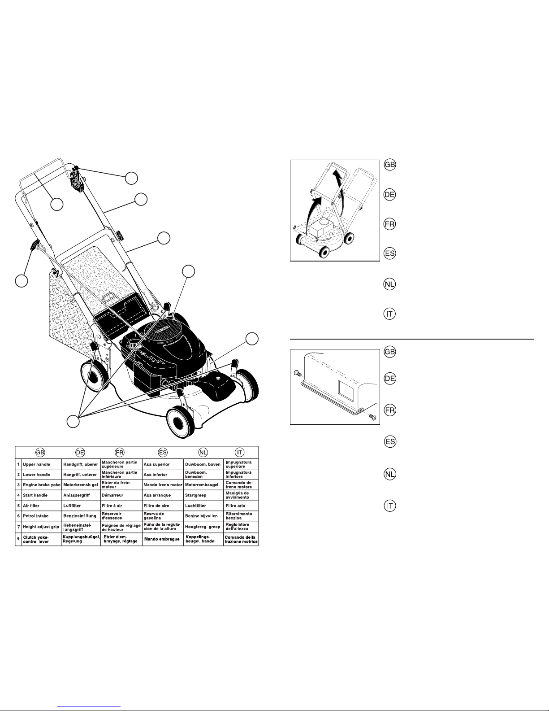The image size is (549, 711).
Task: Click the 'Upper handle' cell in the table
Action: (36, 464)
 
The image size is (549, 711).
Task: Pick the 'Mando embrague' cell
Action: (162, 539)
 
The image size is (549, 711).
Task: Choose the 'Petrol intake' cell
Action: (36, 516)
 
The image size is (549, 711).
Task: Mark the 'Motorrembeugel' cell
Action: (202, 485)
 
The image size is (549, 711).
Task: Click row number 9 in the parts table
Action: (18, 539)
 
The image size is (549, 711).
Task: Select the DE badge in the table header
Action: (81, 452)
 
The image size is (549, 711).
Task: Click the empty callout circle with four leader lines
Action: (73, 421)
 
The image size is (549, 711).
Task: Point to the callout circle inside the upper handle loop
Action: (56, 205)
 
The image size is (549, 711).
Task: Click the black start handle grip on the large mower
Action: (34, 245)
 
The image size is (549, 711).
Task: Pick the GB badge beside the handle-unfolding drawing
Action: (390, 165)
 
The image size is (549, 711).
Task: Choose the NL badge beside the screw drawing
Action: (390, 474)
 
